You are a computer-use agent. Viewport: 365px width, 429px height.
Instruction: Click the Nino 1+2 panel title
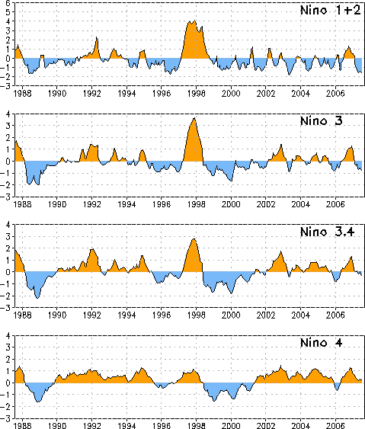(330, 11)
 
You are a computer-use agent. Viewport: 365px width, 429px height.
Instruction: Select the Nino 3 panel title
(322, 121)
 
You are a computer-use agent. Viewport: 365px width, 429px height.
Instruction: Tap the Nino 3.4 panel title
(327, 232)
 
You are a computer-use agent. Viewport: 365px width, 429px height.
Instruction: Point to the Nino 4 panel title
(322, 343)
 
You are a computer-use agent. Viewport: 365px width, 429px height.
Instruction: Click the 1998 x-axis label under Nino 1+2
(196, 94)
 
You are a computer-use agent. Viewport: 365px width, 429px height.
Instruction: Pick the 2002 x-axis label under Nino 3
(266, 204)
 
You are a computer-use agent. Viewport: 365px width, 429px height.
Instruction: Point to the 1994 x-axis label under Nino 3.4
(126, 315)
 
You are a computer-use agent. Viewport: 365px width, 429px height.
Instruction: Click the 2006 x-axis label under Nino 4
(335, 426)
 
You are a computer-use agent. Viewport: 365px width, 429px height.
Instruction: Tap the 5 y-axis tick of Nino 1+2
(8, 12)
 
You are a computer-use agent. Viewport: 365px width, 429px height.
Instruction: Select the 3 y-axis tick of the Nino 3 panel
(8, 126)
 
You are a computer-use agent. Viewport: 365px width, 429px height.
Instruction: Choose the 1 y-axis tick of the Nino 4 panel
(8, 371)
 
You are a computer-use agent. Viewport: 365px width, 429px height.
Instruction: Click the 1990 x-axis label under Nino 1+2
(57, 94)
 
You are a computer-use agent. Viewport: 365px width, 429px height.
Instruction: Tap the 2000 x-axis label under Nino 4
(231, 426)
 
